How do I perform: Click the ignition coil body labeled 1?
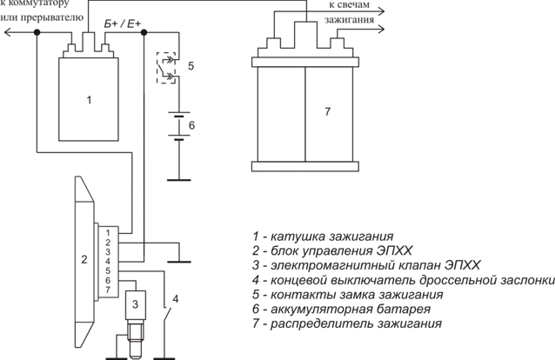tap(89, 99)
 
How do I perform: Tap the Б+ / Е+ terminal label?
tap(123, 24)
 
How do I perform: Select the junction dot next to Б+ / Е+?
tap(144, 32)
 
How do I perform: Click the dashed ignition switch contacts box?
tap(166, 68)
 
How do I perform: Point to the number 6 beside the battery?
tap(191, 125)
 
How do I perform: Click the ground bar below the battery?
tap(178, 180)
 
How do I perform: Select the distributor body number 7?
tap(327, 111)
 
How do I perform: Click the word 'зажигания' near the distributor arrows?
tap(350, 19)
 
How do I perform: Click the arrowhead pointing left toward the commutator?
tap(8, 32)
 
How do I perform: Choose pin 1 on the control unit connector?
tap(108, 233)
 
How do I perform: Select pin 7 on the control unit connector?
tap(108, 290)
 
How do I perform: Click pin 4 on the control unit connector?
tap(108, 261)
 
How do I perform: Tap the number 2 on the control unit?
tap(84, 259)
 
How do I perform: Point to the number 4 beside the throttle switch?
tap(175, 299)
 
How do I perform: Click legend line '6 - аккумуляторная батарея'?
tap(341, 309)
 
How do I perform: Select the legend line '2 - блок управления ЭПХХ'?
tap(332, 251)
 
